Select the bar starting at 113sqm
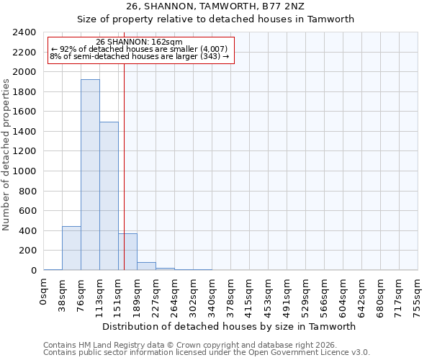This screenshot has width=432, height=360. coord(109,196)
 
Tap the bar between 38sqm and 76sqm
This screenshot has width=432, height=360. coord(71,248)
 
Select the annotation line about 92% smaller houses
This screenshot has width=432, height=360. coord(139,49)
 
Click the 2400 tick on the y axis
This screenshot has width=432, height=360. coord(24,32)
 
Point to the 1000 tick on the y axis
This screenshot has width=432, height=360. coord(24,171)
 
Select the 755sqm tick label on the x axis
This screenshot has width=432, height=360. coord(418,293)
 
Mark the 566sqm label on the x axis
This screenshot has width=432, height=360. coord(324,293)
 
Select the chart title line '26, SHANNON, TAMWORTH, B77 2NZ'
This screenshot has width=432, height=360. coord(216,6)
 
